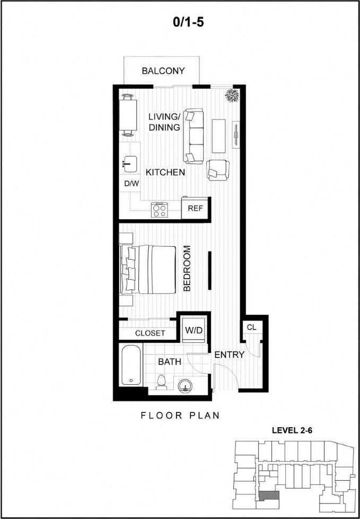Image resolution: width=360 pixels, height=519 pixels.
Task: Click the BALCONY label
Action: click(163, 71)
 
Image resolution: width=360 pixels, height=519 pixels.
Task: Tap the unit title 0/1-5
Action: click(180, 22)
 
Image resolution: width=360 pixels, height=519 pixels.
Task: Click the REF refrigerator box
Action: click(195, 208)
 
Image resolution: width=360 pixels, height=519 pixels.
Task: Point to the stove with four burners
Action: click(160, 210)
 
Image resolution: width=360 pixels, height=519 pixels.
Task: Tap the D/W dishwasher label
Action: click(131, 184)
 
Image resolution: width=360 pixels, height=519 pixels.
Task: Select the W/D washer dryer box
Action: click(194, 330)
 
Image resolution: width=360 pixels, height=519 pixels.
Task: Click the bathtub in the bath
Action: click(130, 366)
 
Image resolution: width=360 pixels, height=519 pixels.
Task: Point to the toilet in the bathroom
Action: click(162, 383)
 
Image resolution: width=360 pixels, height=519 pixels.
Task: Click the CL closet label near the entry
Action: click(251, 327)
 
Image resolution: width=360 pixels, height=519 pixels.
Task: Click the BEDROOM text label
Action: click(187, 268)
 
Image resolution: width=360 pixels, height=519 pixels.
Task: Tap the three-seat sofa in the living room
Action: click(194, 136)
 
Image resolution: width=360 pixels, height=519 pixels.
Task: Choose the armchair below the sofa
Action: click(218, 169)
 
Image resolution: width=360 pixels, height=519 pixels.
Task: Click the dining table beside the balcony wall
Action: click(127, 115)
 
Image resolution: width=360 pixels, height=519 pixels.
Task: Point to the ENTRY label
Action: click(229, 354)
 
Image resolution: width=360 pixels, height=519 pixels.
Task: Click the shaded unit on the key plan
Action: click(269, 495)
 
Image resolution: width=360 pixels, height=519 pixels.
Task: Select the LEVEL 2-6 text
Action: click(292, 431)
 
